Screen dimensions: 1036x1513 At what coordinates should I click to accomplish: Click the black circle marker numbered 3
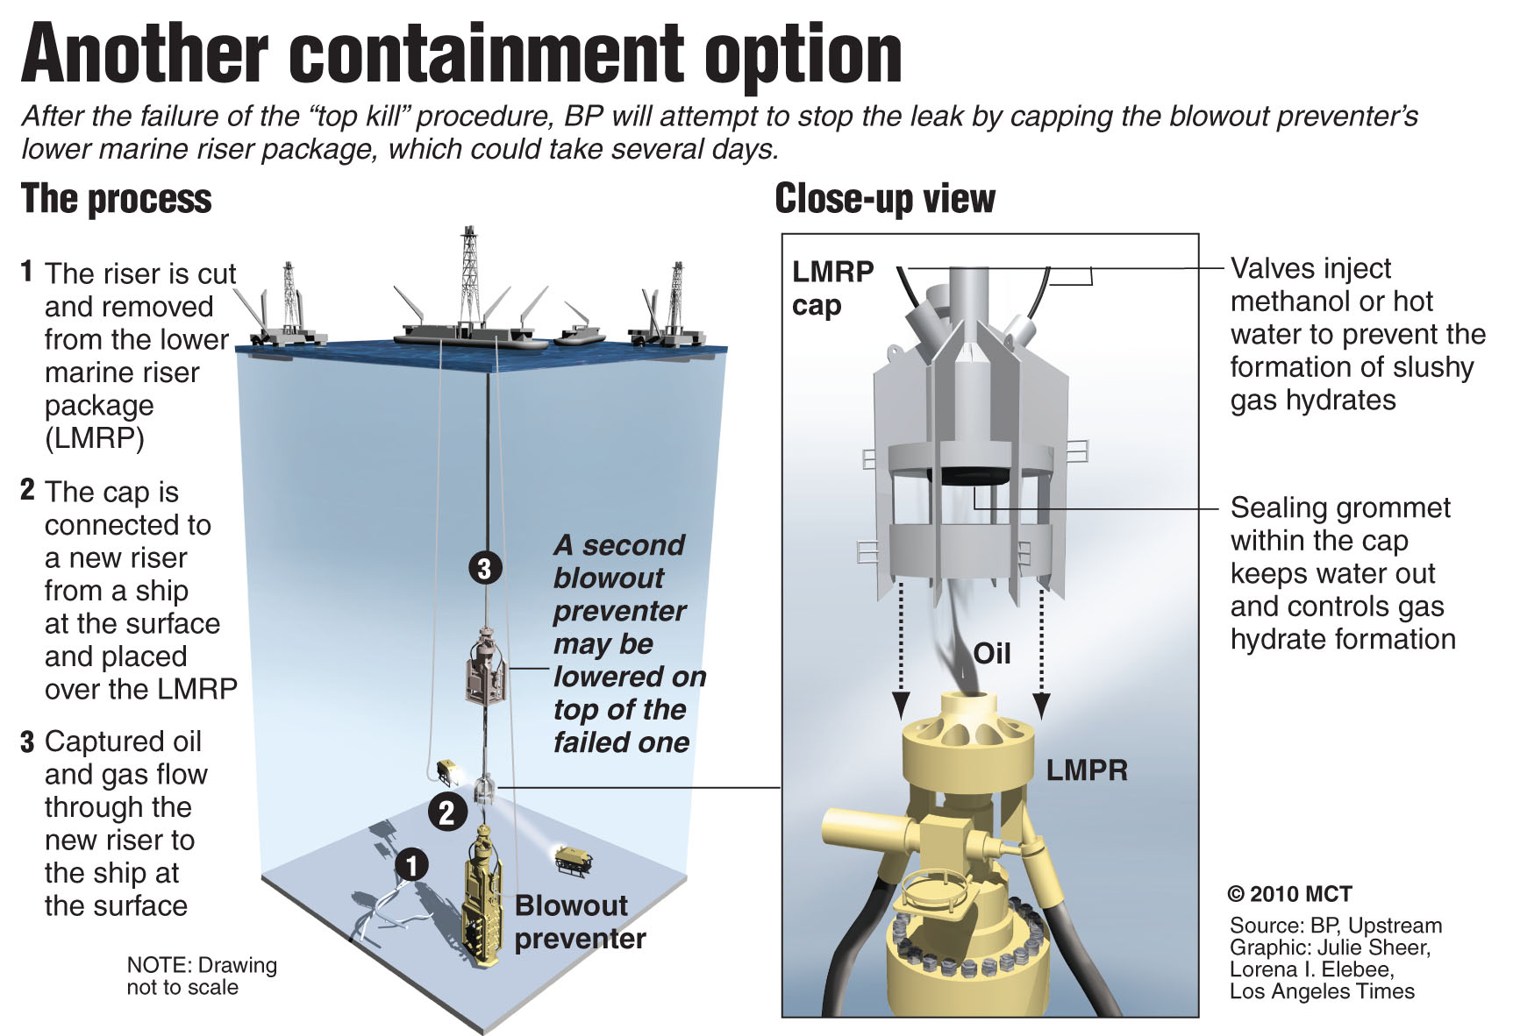pos(484,568)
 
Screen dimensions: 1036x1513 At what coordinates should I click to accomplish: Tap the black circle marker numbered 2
pos(446,812)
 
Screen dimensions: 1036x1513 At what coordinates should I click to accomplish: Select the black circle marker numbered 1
pos(411,865)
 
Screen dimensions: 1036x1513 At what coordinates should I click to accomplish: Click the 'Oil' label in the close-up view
pos(992,654)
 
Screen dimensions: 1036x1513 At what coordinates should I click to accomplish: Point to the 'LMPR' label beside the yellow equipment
pos(1087,770)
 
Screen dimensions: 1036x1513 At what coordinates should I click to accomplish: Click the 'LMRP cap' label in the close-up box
pos(831,287)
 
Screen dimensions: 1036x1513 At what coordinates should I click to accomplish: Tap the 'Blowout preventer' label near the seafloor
pos(579,921)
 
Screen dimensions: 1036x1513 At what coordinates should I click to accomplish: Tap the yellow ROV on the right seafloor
pos(574,860)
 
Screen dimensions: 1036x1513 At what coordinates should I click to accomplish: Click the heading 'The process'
pos(116,199)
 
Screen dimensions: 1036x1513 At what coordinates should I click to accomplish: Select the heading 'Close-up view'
pos(884,199)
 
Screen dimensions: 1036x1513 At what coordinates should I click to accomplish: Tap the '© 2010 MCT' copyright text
pos(1289,894)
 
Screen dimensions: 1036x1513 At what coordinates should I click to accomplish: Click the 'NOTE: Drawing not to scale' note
pos(201,976)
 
